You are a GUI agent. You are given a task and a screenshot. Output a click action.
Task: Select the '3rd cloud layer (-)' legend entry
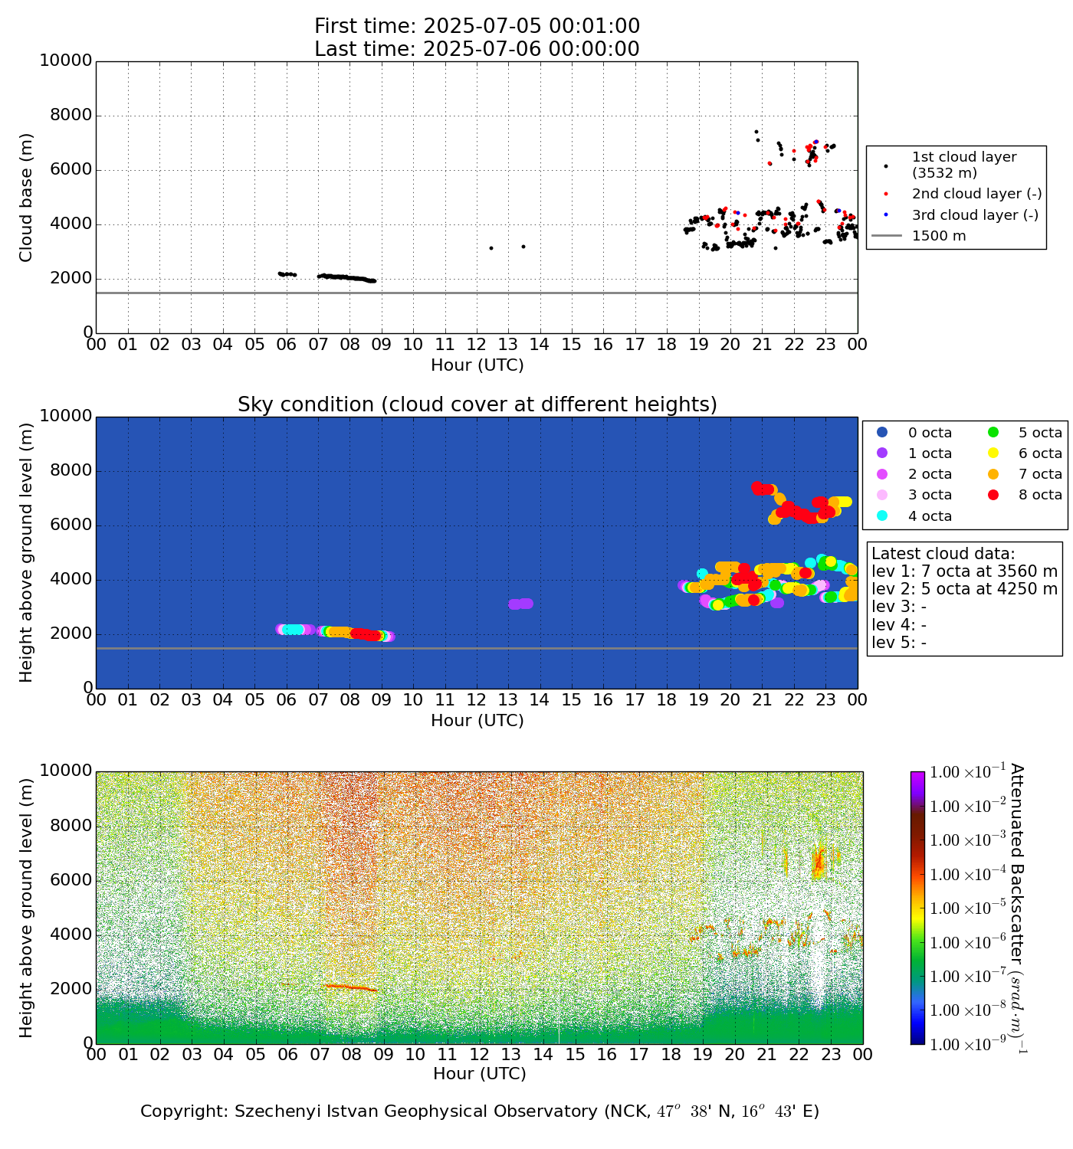point(975,215)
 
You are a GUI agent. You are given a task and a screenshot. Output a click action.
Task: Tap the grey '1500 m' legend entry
point(939,236)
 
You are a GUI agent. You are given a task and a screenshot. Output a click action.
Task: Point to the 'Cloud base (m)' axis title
point(27,198)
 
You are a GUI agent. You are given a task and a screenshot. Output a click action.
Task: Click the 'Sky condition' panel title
point(477,404)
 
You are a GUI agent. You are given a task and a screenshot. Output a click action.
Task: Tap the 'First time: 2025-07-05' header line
point(477,26)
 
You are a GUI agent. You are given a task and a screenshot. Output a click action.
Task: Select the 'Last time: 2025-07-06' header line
point(477,49)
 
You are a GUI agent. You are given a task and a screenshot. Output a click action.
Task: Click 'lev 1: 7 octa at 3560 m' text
point(964,571)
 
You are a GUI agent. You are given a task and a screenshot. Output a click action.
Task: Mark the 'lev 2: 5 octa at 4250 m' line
point(964,589)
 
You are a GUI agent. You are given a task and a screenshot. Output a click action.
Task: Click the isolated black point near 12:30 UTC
point(491,248)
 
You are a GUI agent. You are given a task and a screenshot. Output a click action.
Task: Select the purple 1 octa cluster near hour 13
point(520,604)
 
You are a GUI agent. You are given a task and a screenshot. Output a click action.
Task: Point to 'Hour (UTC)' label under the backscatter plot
point(479,1074)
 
